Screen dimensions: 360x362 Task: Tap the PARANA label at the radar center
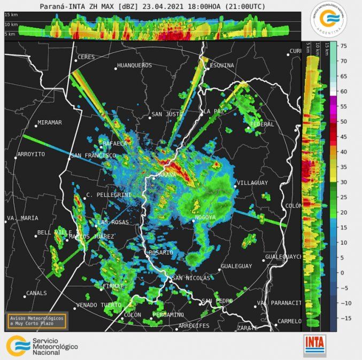pyautogui.click(x=166, y=175)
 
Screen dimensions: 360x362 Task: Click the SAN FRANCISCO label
pyautogui.click(x=93, y=155)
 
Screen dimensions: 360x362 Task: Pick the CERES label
pyautogui.click(x=86, y=57)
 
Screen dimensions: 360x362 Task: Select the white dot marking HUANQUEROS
pyautogui.click(x=115, y=68)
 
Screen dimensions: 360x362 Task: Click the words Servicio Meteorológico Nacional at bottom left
pyautogui.click(x=55, y=347)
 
